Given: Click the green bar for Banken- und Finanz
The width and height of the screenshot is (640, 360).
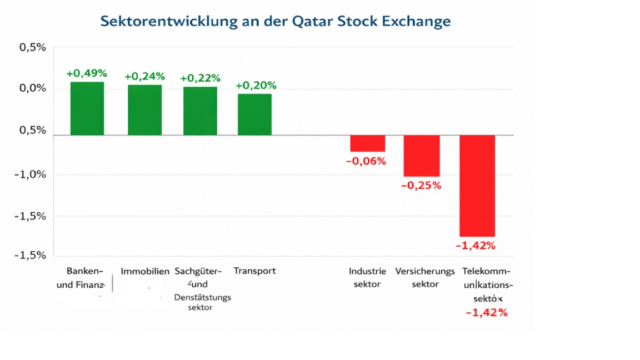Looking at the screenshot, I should coord(87,108).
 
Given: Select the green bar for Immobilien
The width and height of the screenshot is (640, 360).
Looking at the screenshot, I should coord(145,109).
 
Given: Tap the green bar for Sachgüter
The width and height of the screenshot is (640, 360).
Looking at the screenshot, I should coord(200,111).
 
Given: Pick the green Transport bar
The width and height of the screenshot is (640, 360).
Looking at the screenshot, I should coord(255,114).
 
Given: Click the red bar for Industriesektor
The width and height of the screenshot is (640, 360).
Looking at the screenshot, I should coord(367,143).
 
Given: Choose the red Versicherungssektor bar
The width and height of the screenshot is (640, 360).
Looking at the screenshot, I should coord(422,156).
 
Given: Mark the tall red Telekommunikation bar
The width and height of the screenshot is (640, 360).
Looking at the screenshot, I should coord(477,186).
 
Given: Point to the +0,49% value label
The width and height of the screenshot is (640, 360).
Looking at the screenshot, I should coord(87,73).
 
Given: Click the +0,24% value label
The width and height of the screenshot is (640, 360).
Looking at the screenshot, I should coord(144,76).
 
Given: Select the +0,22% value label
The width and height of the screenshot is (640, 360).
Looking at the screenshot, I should coord(200,78).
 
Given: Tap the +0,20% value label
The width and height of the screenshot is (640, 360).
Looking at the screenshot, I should coord(256,86).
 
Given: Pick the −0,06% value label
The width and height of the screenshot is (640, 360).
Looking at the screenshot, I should coord(366,161).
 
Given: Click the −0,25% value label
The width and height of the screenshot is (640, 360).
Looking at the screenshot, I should coord(421,186).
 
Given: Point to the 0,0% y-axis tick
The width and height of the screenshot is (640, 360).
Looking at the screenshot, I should coord(33,89).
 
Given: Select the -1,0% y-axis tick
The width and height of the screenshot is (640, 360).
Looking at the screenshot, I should coord(32,174).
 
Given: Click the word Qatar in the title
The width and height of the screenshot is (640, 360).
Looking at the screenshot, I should coord(312,22).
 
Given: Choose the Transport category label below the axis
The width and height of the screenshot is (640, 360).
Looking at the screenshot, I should coord(254,271).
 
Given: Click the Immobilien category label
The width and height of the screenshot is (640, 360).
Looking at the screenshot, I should coord(145,272).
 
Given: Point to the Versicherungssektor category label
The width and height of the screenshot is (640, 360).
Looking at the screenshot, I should coord(425,278).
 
